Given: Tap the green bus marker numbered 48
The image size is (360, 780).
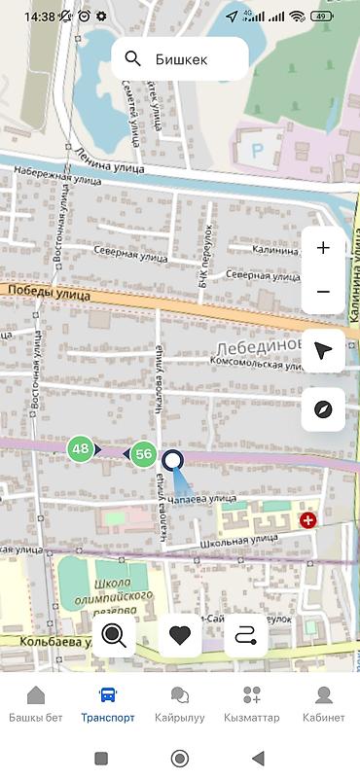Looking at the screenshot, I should pyautogui.click(x=81, y=448).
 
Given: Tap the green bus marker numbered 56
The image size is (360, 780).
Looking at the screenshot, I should pyautogui.click(x=144, y=453).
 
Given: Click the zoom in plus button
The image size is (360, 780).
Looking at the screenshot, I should pyautogui.click(x=323, y=248).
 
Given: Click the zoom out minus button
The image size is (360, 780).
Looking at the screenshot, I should pyautogui.click(x=323, y=292).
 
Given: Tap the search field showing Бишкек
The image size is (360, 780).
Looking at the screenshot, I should pyautogui.click(x=180, y=60).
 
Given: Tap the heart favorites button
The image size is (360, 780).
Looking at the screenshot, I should pyautogui.click(x=180, y=636).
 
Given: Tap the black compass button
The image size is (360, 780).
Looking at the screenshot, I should pyautogui.click(x=323, y=408).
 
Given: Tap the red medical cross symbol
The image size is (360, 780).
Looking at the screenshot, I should pyautogui.click(x=308, y=520).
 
